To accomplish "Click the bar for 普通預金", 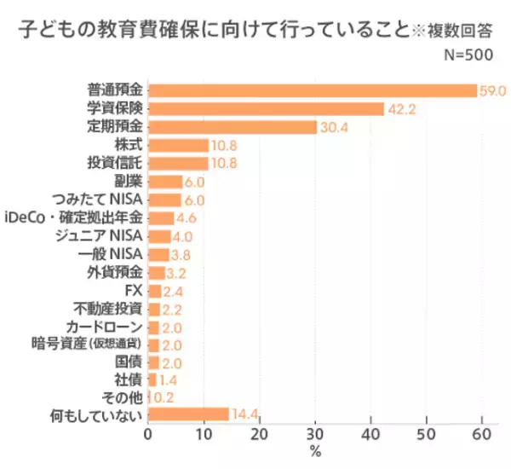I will pos(312,90).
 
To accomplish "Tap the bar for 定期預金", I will pos(233,127).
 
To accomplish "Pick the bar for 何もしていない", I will pos(188,414).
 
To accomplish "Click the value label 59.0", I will pos(493,90).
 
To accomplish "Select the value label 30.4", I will pos(334,127).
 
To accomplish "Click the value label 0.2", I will pos(164,397).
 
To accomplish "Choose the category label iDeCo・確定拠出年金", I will pos(75,217).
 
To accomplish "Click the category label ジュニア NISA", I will pos(97,235).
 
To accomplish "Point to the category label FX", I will pos(133,290).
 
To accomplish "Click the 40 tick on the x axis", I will pos(370,434).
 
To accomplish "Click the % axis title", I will pos(315,453).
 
